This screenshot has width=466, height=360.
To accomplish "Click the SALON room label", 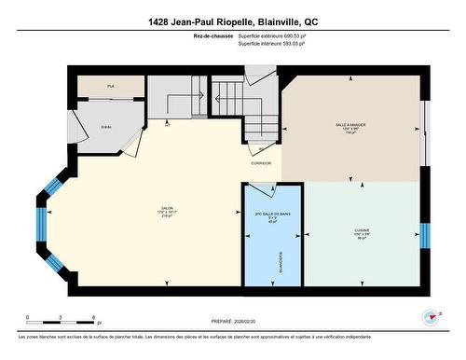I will tap(168, 209).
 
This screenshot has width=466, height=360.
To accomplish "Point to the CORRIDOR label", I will tap(261, 163).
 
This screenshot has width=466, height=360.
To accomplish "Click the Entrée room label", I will tap(106, 127).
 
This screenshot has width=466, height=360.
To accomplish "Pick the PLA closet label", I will tap(110, 86).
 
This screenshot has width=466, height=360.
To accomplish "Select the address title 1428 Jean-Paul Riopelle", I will tap(232, 21).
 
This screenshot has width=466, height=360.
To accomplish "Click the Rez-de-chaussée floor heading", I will tap(212, 36).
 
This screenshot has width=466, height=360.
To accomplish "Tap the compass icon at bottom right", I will tap(430, 317).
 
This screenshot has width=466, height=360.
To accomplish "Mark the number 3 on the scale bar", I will tap(60, 319).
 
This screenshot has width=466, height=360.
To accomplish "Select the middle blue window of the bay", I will tap(40, 224).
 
